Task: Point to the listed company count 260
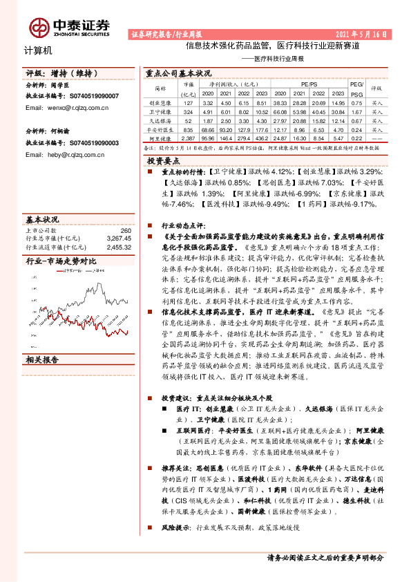[x=125, y=230]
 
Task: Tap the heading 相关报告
[x=42, y=359]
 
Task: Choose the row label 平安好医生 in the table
[x=161, y=129]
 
